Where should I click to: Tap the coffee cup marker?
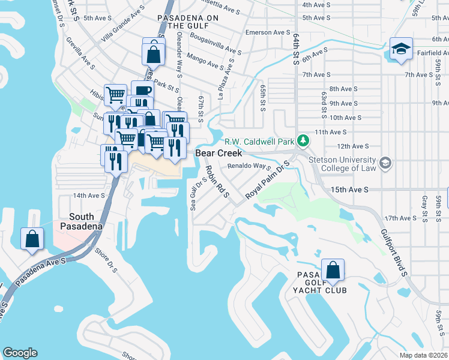click(142, 91)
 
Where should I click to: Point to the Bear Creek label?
click(219, 154)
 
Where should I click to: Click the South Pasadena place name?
click(81, 221)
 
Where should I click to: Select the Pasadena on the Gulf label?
click(188, 22)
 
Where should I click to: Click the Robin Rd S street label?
click(218, 181)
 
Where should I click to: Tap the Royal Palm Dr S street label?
click(267, 180)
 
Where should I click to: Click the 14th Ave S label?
click(89, 196)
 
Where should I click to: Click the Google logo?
click(20, 353)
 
